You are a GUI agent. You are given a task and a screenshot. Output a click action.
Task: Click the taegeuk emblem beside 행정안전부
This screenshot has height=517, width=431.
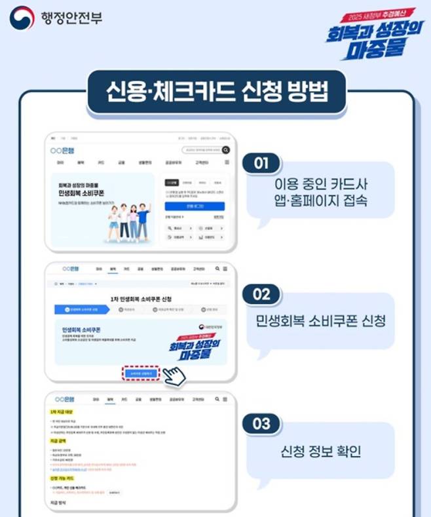(x=22, y=18)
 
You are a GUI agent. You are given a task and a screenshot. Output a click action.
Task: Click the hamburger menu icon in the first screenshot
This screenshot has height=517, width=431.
(x=227, y=161)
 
